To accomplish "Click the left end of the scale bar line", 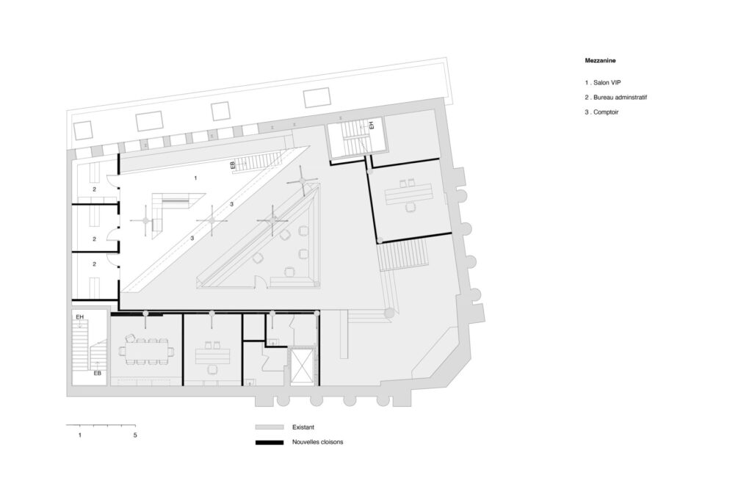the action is pos(66,425).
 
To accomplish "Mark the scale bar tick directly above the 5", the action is pos(135,425).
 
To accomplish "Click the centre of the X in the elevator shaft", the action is pos(301,366).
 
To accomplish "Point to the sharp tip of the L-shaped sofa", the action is pos(206,194).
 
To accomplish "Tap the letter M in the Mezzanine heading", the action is pos(587,61).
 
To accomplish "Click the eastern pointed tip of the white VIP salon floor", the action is pos(309,147).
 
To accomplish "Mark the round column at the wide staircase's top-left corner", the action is pos(380,240).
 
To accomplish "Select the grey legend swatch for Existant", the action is pos(269,427).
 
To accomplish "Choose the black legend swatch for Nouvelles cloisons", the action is pos(269,443).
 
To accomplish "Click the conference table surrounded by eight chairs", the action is pos(146,352).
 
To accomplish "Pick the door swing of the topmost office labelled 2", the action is pos(112,181).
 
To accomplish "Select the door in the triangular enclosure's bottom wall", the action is pos(261,282).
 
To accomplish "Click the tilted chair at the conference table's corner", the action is pos(129,338).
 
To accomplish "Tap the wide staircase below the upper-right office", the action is pos(403,255).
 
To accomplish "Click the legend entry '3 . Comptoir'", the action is pos(601,112).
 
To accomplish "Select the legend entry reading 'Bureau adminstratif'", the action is pos(620,98).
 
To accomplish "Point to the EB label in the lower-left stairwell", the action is pos(98,373).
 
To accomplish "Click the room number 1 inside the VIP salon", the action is pos(195,178).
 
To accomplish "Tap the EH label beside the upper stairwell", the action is pos(371,126).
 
